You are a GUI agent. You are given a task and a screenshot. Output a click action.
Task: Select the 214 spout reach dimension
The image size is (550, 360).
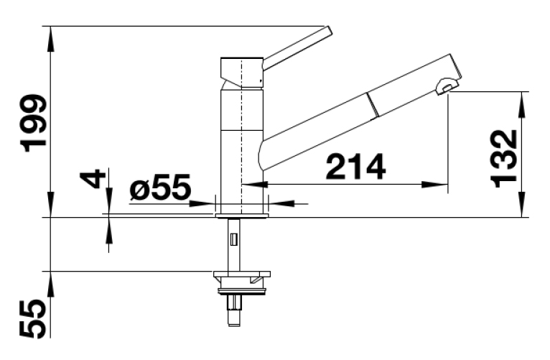click(x=355, y=166)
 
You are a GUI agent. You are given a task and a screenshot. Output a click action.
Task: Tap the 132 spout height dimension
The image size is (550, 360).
click(x=504, y=159)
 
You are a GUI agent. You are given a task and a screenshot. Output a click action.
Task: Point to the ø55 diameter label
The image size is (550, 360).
click(x=160, y=187)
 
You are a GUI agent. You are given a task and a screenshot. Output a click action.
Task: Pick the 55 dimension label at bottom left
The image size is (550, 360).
click(x=32, y=319)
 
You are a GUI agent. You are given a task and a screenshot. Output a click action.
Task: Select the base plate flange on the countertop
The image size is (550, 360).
click(x=242, y=216)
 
